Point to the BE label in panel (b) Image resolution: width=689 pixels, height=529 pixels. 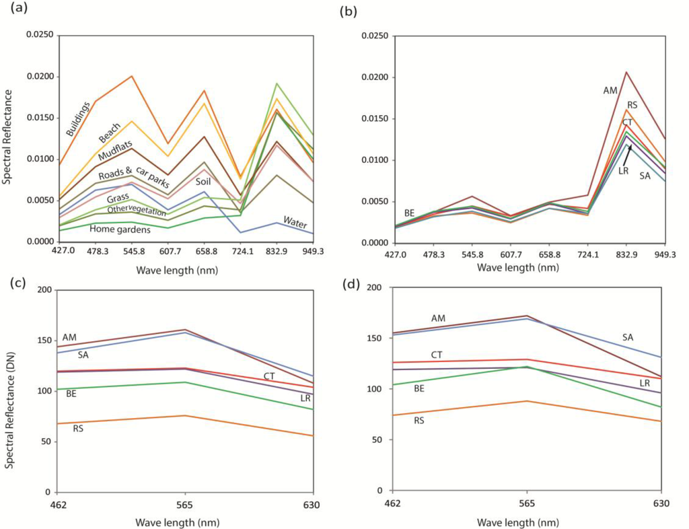coord(410,213)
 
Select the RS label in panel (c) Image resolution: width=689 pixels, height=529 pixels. coord(79,428)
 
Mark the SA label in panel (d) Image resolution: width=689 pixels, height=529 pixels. coord(628,337)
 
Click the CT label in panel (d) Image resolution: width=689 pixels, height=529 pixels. coord(437,355)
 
